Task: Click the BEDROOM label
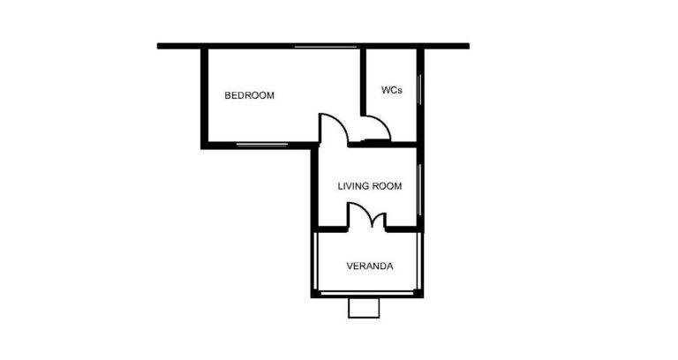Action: [249, 95]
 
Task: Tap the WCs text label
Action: [392, 90]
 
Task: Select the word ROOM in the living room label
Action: [388, 186]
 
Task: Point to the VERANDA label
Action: [370, 266]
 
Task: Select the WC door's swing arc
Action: [382, 123]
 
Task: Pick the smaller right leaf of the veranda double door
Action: [380, 217]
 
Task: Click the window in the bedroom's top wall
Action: [326, 46]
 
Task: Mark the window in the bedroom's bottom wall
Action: [262, 146]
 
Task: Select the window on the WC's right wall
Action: [419, 89]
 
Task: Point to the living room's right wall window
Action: [419, 190]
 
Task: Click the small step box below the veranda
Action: [364, 308]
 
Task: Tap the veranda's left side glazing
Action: [316, 261]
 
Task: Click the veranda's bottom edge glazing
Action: [367, 294]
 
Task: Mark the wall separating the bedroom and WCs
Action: [363, 82]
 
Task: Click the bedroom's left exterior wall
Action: [204, 98]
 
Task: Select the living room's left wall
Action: [314, 187]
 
